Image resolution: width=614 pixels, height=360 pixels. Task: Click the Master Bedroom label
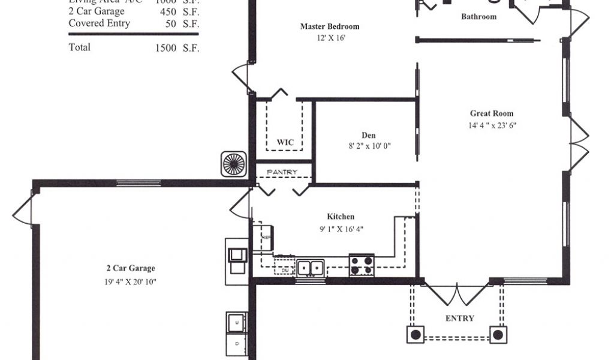329,26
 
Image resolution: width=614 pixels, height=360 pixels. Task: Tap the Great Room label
492,113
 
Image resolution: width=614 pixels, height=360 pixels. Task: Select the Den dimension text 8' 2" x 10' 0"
369,146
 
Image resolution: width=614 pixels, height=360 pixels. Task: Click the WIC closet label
285,142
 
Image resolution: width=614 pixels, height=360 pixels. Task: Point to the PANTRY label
282,172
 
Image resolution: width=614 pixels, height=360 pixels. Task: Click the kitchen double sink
311,266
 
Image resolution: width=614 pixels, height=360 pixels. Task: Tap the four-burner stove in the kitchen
362,265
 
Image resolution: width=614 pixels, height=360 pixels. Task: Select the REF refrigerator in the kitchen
263,236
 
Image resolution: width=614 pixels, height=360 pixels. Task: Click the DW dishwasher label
284,271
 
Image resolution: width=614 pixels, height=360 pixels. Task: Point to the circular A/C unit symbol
234,164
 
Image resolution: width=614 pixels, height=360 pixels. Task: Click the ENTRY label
460,318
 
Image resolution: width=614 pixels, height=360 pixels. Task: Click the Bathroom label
478,17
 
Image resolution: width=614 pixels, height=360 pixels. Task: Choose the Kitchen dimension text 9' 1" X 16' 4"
341,229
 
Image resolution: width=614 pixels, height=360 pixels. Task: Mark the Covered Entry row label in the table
99,23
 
